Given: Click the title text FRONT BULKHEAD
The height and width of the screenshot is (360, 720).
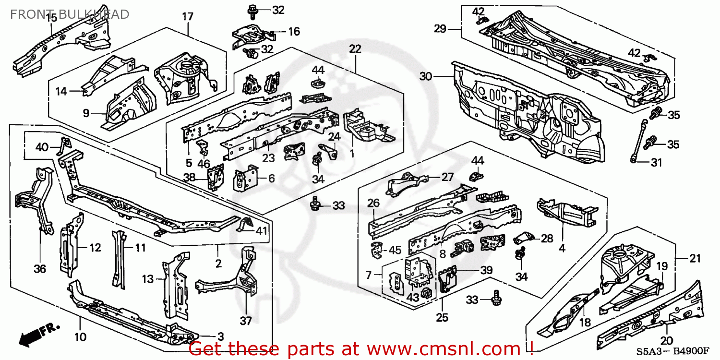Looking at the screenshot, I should pyautogui.click(x=70, y=14).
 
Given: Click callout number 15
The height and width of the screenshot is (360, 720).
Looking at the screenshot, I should pyautogui.click(x=51, y=18).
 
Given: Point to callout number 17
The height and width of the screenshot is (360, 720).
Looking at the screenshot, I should pyautogui.click(x=187, y=17).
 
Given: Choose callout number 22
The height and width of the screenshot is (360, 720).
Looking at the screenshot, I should pyautogui.click(x=355, y=49).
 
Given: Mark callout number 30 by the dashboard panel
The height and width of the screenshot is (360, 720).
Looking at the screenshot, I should pyautogui.click(x=426, y=76).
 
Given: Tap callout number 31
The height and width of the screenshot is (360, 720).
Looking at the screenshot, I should pyautogui.click(x=656, y=163).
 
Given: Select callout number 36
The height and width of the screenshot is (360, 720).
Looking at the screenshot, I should pyautogui.click(x=40, y=269).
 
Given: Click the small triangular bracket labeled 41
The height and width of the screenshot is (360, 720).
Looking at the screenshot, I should pyautogui.click(x=245, y=224).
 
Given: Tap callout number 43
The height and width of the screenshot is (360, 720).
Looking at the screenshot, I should pyautogui.click(x=413, y=297).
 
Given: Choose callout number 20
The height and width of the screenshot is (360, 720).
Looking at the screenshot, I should pyautogui.click(x=666, y=341).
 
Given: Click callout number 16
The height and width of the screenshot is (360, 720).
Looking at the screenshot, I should pyautogui.click(x=294, y=32).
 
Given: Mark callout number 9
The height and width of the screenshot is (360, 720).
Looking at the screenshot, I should pyautogui.click(x=86, y=113).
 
